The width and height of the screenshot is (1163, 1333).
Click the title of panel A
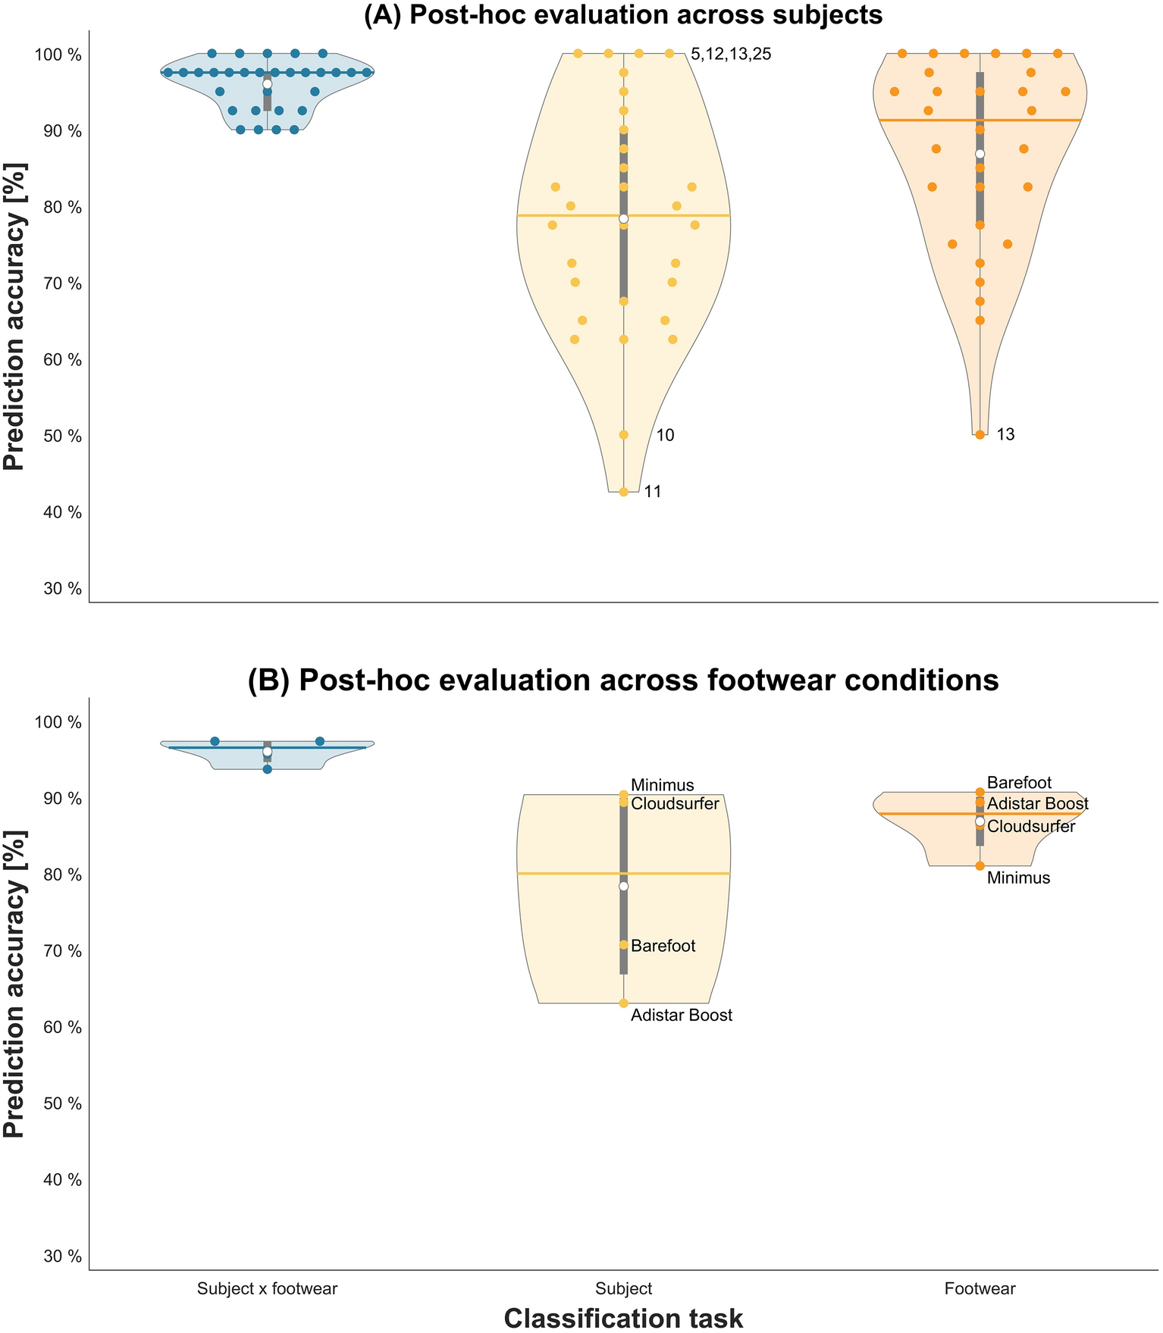(623, 14)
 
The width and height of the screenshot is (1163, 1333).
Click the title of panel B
(623, 680)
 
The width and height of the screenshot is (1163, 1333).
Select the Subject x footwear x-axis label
(267, 1288)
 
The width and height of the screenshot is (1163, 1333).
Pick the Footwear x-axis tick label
(980, 1288)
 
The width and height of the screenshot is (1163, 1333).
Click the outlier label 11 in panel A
(653, 492)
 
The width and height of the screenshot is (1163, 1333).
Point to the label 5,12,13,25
(731, 54)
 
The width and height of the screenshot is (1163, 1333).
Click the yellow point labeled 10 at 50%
(623, 435)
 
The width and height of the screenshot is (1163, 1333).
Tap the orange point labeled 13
(980, 435)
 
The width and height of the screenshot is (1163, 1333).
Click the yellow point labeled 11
(623, 492)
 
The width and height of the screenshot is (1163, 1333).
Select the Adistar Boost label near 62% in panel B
(682, 1015)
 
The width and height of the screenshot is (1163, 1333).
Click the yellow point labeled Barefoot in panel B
(623, 945)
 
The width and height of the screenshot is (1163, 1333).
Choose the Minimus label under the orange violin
(1018, 878)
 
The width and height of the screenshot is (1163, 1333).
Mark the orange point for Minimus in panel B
(980, 865)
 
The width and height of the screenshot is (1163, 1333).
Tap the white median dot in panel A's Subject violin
(623, 218)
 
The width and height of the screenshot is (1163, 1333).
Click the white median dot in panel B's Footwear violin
(980, 821)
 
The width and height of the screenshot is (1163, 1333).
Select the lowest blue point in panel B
(267, 769)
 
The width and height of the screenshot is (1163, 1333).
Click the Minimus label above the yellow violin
(662, 785)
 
